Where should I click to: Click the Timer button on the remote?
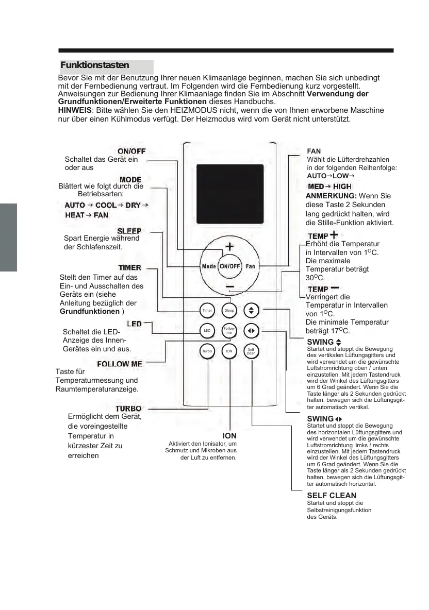(x=207, y=311)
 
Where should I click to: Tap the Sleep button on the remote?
(x=229, y=311)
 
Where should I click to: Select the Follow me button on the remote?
(x=229, y=331)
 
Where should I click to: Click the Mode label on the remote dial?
(x=208, y=266)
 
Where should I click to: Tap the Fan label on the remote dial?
(x=250, y=266)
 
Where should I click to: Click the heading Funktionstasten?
(x=94, y=66)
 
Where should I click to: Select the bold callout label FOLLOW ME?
(x=120, y=364)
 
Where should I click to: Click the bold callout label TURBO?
(x=128, y=409)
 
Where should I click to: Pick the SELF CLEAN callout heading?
(x=332, y=496)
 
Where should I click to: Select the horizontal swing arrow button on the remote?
(x=251, y=331)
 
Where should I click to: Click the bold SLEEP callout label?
(x=129, y=231)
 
